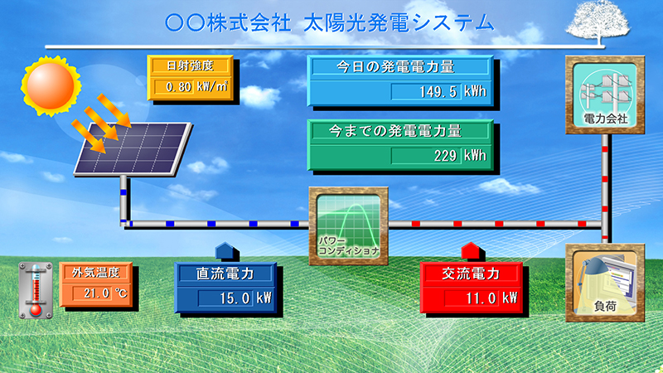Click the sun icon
pos(51,85)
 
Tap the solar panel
pos(133,148)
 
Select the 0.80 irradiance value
pos(178,87)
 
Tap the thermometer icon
pos(36,290)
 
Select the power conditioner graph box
pos(348,225)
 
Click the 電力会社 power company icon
pos(605,94)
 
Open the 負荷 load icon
pos(605,283)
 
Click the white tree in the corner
pos(598,22)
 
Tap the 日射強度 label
pos(190,66)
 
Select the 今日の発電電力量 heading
pos(395,67)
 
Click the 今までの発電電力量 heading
pos(395,131)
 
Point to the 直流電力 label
pos(225,274)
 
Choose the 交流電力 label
pos(471,274)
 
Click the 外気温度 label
pos(95,273)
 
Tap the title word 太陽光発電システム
pos(399,23)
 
